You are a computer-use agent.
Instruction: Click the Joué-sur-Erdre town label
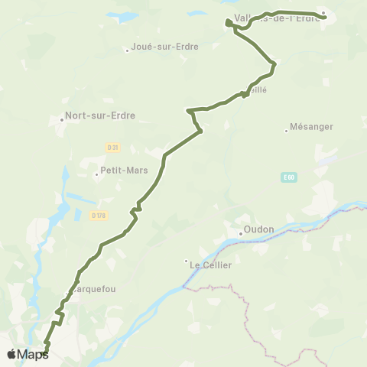tap(165, 47)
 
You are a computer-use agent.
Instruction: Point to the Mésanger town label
tap(313, 127)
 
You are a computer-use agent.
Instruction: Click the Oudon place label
tap(260, 230)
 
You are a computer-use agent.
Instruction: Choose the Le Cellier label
tap(210, 265)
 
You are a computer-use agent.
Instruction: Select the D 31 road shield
tap(113, 147)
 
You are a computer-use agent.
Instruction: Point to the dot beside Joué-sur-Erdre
tap(128, 51)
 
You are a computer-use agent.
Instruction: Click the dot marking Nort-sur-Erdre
tap(62, 119)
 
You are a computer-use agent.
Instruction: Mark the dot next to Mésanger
tap(286, 131)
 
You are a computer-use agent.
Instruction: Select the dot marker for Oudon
tap(240, 234)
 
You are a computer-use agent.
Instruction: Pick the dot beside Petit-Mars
tap(96, 174)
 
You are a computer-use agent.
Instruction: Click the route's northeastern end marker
tap(323, 13)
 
